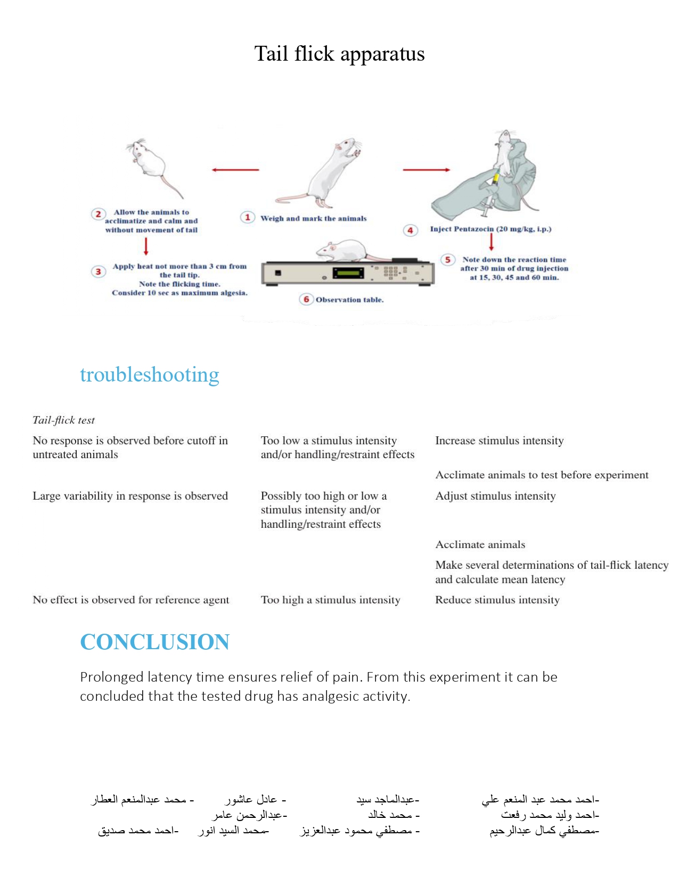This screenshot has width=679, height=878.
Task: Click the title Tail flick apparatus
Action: [x=339, y=54]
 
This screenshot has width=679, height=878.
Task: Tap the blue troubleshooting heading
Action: [x=149, y=375]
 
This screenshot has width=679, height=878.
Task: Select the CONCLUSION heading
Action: [x=154, y=642]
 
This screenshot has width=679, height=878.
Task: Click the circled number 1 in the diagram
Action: [x=247, y=217]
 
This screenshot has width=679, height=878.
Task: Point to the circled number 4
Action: [x=410, y=230]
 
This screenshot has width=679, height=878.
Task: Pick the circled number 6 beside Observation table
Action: [x=306, y=299]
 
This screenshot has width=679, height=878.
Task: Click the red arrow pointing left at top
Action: [x=235, y=170]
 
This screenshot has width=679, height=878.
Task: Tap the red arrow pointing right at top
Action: [x=426, y=170]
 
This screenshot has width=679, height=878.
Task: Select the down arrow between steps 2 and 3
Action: [x=146, y=246]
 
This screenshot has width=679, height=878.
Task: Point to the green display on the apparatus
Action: [x=348, y=273]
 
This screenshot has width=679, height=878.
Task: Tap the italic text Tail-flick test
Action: [x=63, y=420]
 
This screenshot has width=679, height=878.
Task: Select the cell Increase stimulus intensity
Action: [x=499, y=441]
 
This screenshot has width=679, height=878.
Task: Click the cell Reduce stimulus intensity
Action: [x=497, y=600]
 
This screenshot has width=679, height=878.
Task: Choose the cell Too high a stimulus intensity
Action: [x=330, y=600]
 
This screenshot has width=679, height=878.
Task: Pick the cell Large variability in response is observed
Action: [x=130, y=496]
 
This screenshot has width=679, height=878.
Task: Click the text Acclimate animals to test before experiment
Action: [x=542, y=475]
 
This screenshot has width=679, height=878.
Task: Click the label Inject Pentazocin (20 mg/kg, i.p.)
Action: [x=490, y=229]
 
